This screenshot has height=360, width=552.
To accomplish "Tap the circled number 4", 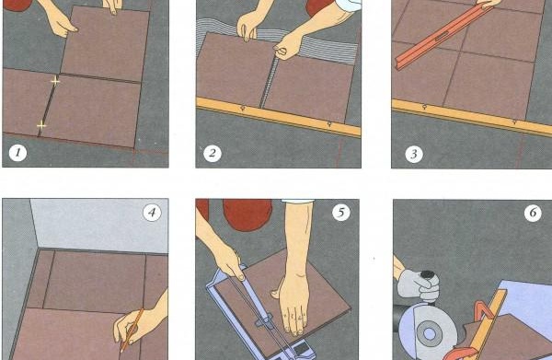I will coord(152,213).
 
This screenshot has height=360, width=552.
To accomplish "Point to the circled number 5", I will coord(341,213).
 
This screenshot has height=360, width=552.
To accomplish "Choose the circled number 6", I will coord(533,213).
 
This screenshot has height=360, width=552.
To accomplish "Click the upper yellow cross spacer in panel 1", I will coord(55,82).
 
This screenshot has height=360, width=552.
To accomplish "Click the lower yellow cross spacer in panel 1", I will coord(40,124).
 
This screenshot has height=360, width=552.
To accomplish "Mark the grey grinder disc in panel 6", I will coord(429,337).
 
